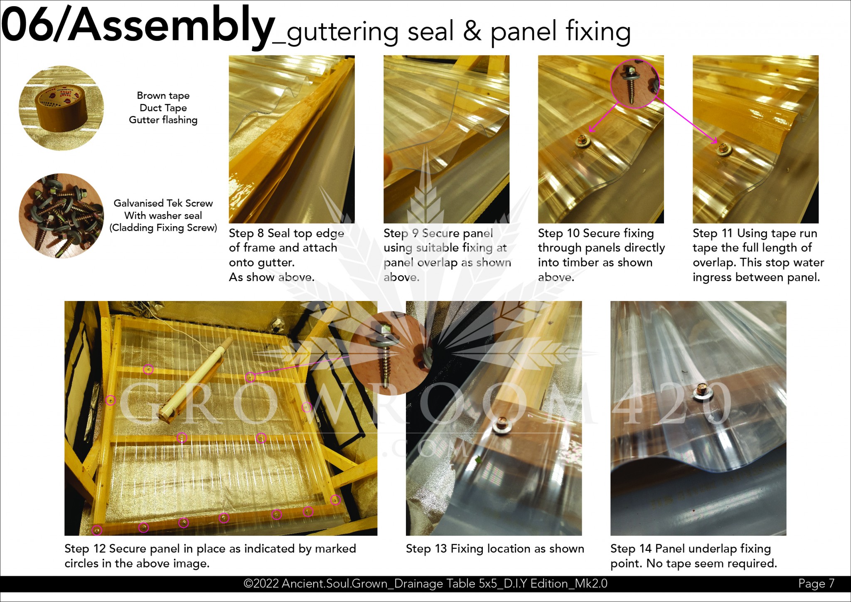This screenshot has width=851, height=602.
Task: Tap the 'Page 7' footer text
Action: pos(816,583)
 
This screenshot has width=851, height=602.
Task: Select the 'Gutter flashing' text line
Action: pos(163,120)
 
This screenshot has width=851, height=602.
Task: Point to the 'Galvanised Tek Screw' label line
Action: pos(163,203)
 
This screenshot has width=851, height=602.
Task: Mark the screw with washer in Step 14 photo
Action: pos(702,392)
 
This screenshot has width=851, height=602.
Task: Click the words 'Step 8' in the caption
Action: pos(246,233)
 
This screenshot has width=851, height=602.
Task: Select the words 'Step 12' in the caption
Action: pos(85,549)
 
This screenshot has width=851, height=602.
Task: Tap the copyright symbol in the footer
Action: pos(248,584)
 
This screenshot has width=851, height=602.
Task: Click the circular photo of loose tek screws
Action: pos(61,216)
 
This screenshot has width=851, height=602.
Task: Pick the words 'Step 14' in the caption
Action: pos(631,549)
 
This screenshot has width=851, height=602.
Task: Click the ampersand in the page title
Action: pos(472,31)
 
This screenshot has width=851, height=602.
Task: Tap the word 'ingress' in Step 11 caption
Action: pos(713,277)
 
